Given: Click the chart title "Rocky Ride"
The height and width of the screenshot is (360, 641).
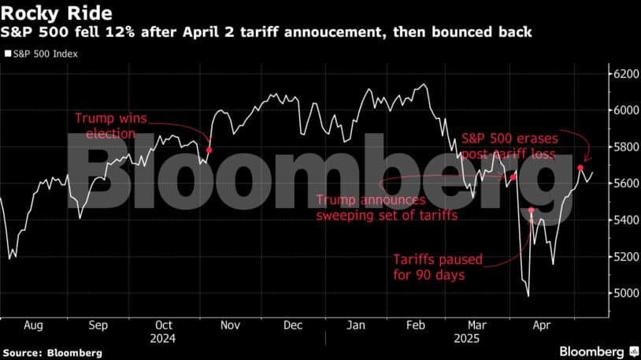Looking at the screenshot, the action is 57,13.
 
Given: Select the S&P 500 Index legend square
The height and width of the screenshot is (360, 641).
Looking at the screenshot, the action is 8,54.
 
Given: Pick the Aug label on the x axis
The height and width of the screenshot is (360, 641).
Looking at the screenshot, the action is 33,325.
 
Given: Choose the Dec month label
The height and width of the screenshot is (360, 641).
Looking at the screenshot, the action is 293,325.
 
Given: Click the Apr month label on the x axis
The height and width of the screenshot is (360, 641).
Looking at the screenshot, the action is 542,325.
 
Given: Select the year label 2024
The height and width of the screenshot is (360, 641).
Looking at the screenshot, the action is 163,339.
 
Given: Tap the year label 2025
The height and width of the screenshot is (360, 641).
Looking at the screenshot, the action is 466,339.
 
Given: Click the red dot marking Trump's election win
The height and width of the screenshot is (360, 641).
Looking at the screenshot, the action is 209,150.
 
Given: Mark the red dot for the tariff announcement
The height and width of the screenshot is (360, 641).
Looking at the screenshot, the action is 513,177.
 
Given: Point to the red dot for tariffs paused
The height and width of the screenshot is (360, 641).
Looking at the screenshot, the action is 532,210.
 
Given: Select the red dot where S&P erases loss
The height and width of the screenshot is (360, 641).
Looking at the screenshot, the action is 580,168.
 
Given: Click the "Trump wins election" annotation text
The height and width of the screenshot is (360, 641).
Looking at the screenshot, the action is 111,125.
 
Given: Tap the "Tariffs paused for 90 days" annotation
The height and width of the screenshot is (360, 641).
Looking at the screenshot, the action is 438,267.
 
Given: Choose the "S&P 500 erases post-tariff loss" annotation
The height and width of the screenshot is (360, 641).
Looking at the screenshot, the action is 509,146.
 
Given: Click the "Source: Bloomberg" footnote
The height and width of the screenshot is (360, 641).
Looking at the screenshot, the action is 52,353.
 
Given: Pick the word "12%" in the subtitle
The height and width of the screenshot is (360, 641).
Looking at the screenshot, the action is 120,32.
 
